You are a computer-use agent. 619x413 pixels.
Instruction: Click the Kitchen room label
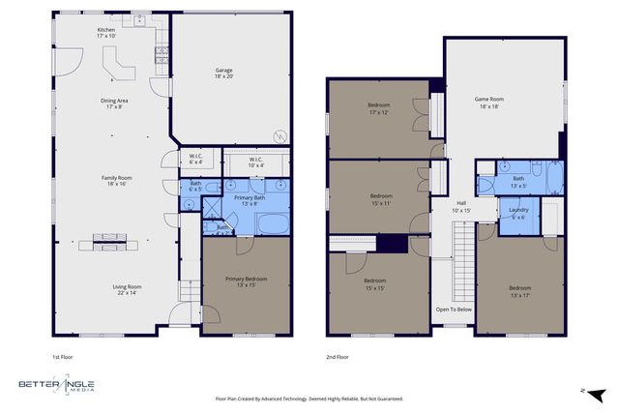pos(106,33)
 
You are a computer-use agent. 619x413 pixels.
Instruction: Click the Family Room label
pos(117,181)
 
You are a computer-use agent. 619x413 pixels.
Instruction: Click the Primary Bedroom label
pos(246,281)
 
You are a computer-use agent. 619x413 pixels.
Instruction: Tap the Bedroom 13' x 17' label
pos(520,290)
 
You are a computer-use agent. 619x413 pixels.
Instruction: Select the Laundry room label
pos(518,214)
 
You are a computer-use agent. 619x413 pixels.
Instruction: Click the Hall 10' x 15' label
pos(461,207)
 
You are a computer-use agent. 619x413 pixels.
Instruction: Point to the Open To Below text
pos(453,310)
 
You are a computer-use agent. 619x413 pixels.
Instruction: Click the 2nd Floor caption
pos(338,356)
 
